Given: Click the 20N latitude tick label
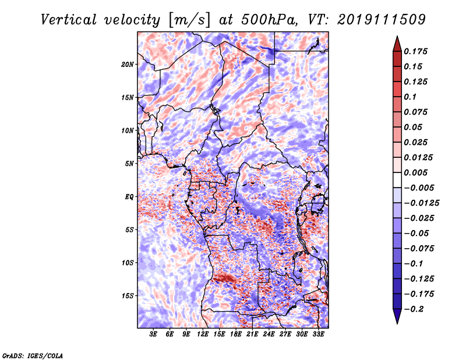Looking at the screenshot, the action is (x=127, y=64).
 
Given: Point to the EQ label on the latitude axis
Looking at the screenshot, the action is (x=129, y=196).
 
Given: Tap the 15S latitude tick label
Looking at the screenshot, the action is (x=128, y=296).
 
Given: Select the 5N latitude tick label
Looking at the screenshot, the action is (x=129, y=164).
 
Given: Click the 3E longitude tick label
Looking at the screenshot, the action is (x=153, y=334).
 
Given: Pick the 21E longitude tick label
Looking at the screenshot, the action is (x=252, y=334).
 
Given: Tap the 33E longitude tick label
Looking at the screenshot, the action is (x=318, y=334).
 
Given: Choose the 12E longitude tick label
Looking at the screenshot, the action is (x=202, y=334).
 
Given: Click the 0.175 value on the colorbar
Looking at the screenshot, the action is (x=415, y=51).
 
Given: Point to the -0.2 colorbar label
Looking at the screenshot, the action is (x=414, y=309).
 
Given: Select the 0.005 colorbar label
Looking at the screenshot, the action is (x=415, y=172).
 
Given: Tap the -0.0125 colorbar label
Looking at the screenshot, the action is (x=421, y=203).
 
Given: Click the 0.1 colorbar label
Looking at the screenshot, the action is (x=410, y=97).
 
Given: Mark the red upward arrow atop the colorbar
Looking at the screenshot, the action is (x=397, y=44).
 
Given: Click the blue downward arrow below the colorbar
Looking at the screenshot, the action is (x=397, y=316).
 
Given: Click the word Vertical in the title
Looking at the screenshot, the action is (x=69, y=20).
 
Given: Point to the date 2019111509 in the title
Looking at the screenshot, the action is (x=382, y=20).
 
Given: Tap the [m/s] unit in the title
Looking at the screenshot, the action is (x=189, y=20).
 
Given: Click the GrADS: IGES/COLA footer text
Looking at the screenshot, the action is (x=33, y=355).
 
